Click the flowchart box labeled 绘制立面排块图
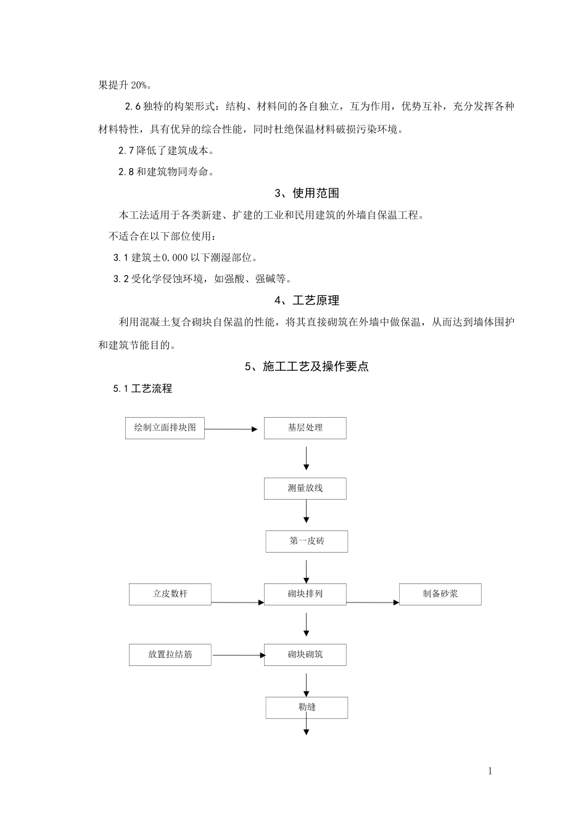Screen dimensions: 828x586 [165, 428]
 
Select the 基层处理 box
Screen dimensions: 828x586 [305, 428]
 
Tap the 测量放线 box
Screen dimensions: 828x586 [305, 489]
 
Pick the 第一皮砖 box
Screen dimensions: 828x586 [307, 542]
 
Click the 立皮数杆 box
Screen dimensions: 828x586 [170, 595]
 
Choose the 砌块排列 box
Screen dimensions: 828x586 [305, 595]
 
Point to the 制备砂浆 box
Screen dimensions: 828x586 [440, 595]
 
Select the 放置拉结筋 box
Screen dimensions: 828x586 [170, 655]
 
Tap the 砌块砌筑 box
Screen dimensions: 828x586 [305, 655]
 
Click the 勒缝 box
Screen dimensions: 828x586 [307, 708]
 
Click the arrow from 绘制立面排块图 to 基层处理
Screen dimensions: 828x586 [231, 429]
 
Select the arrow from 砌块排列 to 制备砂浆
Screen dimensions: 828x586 [373, 603]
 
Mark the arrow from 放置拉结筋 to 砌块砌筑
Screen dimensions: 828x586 [237, 655]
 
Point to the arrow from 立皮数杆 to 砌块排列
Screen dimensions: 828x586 [237, 603]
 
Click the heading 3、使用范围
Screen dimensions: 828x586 [307, 193]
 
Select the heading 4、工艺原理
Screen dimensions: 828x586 [307, 301]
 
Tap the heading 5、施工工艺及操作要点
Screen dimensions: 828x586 [307, 367]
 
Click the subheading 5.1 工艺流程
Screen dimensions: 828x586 [142, 389]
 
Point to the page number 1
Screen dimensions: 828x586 [490, 771]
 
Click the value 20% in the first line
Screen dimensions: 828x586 [139, 85]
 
